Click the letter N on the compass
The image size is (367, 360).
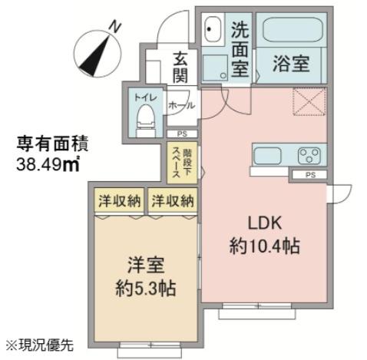click(x=114, y=27)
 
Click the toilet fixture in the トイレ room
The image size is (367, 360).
click(x=146, y=121)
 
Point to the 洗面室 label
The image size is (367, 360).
click(x=240, y=49)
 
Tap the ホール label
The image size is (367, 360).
click(x=182, y=105)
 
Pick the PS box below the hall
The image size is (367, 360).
click(x=182, y=134)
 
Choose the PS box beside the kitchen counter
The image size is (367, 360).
click(x=310, y=175)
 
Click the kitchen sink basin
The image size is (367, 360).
click(x=267, y=154)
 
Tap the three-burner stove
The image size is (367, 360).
click(x=309, y=155)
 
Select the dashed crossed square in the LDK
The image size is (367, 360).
click(x=309, y=101)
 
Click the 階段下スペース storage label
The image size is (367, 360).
click(x=182, y=163)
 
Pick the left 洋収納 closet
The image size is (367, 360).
click(x=120, y=200)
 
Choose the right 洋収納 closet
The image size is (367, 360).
click(x=173, y=200)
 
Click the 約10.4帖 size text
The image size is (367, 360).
click(x=264, y=246)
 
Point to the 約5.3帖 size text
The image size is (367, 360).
click(x=146, y=289)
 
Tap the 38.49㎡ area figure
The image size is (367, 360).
click(x=48, y=163)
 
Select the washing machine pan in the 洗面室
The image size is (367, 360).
click(x=215, y=68)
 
